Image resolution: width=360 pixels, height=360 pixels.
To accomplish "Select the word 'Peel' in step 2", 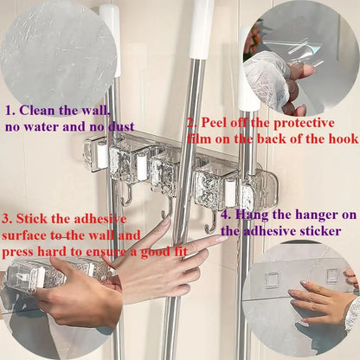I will (214, 123).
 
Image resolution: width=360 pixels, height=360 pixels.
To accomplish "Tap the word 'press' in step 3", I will (21, 251).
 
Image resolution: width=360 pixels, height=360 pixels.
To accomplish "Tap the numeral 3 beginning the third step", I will (8, 218).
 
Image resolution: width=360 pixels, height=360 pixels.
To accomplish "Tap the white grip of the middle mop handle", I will (202, 26).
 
